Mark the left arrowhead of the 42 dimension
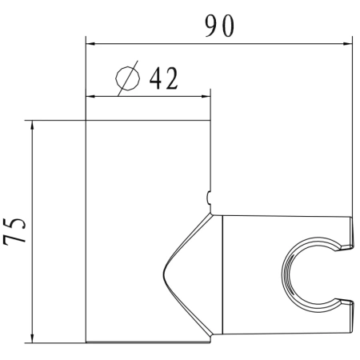[90, 98]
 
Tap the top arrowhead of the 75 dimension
[31, 126]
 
